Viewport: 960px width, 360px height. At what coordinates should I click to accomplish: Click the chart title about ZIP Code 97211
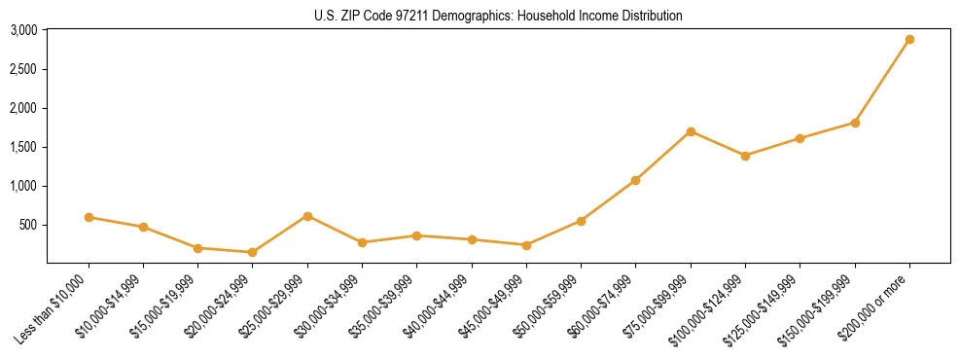498,16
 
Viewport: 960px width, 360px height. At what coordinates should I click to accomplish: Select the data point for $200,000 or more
909,40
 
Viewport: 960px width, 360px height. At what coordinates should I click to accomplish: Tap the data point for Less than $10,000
89,217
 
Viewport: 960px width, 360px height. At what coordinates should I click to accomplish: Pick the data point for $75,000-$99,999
691,131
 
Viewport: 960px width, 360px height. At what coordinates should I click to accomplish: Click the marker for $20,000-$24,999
253,252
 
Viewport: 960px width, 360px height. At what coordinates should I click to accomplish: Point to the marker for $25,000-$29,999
307,216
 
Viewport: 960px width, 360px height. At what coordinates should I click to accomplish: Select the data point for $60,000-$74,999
636,180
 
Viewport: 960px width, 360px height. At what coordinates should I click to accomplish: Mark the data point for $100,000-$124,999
745,156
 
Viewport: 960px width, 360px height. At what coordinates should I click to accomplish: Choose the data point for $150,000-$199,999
855,123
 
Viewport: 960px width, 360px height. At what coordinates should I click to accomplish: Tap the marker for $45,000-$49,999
526,245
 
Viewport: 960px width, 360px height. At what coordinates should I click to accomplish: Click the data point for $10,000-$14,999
143,227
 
